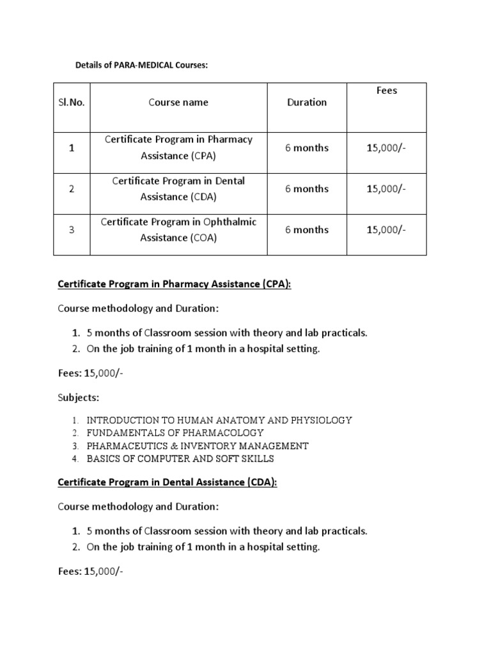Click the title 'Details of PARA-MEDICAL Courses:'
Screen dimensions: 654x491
(x=141, y=66)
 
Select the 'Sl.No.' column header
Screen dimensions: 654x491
(x=72, y=102)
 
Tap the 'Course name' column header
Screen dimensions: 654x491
(x=178, y=102)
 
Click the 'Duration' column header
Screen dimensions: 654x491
(x=307, y=102)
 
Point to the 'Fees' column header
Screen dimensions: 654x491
(x=386, y=91)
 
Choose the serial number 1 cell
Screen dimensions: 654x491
(x=72, y=148)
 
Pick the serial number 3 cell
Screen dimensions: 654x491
(x=72, y=230)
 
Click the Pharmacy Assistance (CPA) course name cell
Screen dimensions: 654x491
(x=178, y=147)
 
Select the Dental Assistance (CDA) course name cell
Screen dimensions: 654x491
(x=178, y=188)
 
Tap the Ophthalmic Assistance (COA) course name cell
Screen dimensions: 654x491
(x=178, y=230)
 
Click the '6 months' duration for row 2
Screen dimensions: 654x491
(x=307, y=189)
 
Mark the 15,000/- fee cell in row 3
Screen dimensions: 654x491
(x=386, y=230)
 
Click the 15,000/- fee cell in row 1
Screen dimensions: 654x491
(x=386, y=148)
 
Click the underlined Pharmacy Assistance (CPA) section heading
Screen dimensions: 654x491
(x=174, y=284)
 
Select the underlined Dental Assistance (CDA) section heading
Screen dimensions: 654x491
(x=168, y=482)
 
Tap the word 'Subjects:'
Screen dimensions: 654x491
(x=79, y=397)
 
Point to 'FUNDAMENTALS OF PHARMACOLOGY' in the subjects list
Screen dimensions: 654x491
(x=175, y=433)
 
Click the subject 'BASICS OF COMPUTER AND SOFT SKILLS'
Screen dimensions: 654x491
(x=180, y=459)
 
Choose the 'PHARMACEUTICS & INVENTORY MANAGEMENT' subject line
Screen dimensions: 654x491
(x=198, y=446)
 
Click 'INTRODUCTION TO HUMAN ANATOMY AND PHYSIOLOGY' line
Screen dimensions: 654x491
(x=219, y=420)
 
